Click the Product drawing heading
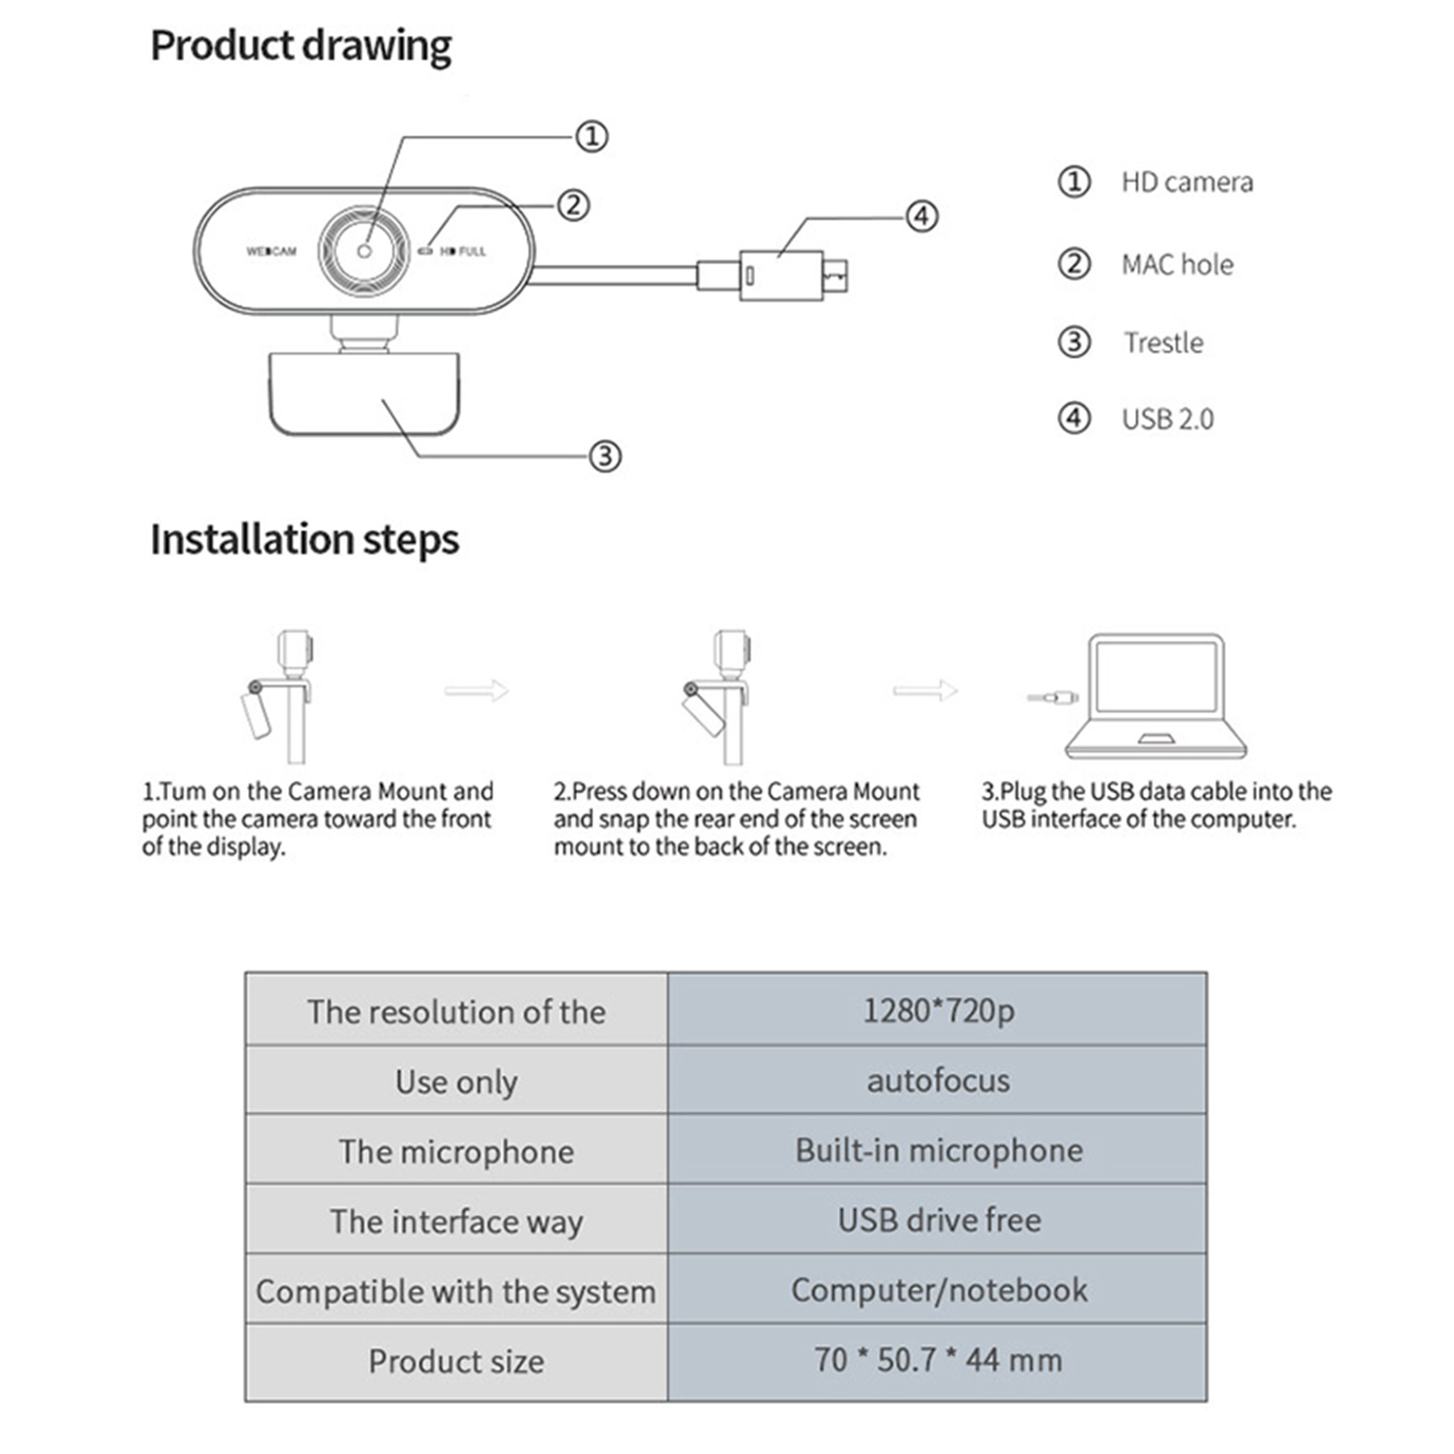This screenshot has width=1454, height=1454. tap(300, 46)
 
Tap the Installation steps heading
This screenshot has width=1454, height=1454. tap(304, 539)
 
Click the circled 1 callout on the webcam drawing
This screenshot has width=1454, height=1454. tap(592, 137)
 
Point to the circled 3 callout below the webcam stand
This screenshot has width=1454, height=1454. tap(605, 455)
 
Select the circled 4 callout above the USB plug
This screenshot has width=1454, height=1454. tap(921, 216)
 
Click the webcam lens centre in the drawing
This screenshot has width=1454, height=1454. tap(364, 251)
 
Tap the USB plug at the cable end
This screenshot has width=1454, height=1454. tap(791, 274)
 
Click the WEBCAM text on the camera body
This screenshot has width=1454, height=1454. tap(271, 251)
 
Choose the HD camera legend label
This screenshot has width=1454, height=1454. tap(1186, 183)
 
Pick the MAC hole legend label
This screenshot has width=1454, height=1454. tap(1177, 264)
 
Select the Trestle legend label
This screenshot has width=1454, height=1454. tap(1163, 343)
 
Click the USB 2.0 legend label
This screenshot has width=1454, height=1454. tap(1167, 419)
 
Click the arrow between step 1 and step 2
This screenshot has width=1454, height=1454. tap(476, 691)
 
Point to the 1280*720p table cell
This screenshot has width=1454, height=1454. tap(937, 1010)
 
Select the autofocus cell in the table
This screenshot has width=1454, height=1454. tap(937, 1081)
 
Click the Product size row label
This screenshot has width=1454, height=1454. tap(456, 1361)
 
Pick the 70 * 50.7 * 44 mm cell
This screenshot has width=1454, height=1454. tap(937, 1360)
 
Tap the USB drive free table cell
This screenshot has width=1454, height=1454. tap(937, 1220)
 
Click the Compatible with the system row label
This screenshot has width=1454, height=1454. tap(456, 1291)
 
